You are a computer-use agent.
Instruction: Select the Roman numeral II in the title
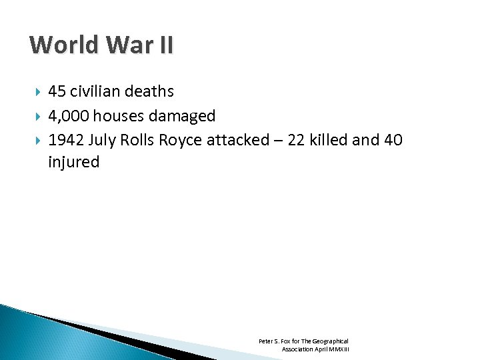point(165,45)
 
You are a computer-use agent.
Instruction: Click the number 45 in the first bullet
point(57,91)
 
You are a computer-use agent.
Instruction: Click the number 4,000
point(69,116)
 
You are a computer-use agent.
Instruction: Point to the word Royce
point(181,140)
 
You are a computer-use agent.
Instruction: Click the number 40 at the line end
point(393,140)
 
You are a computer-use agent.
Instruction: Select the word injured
point(73,162)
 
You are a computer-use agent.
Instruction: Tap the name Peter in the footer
point(266,341)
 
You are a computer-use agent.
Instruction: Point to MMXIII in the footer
point(338,349)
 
